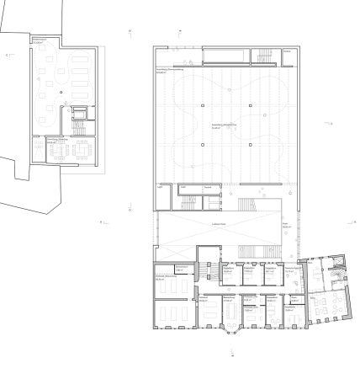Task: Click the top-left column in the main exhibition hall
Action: click(202, 105)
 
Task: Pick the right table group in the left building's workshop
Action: click(85, 149)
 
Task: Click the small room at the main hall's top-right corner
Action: click(289, 57)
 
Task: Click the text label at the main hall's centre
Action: click(223, 124)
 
